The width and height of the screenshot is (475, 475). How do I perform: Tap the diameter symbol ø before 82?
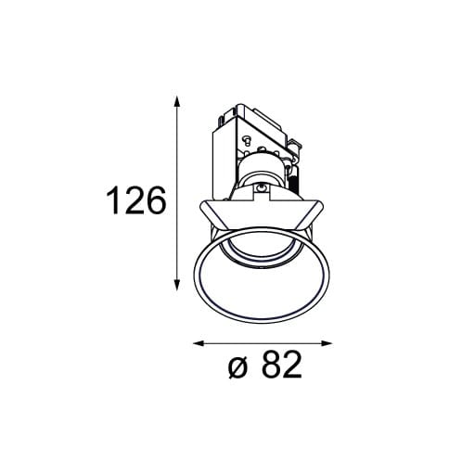(x=237, y=368)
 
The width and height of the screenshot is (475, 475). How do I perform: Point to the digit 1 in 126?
(x=114, y=200)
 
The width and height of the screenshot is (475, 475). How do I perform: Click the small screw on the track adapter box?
(x=248, y=141)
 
